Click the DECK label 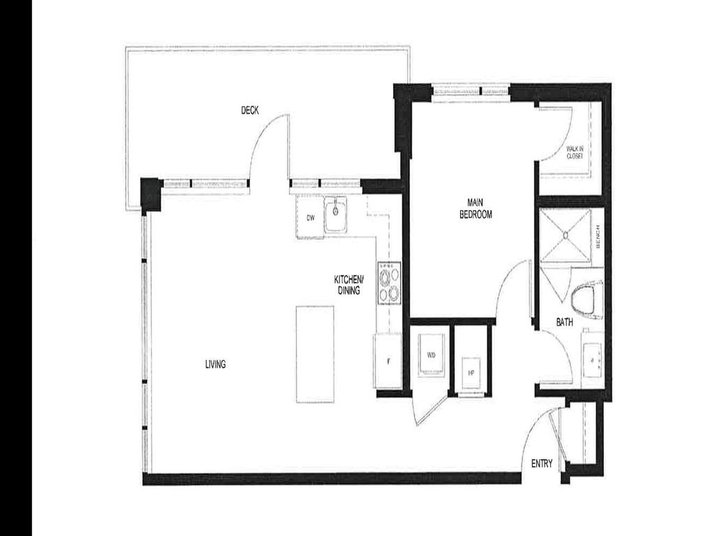coord(250,110)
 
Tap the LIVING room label coord(215,364)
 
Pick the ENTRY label coord(543,463)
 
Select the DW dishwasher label coord(310,218)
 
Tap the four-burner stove coord(390,283)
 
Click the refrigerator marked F coord(388,360)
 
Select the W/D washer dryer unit coord(431,355)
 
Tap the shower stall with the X coord(564,235)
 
